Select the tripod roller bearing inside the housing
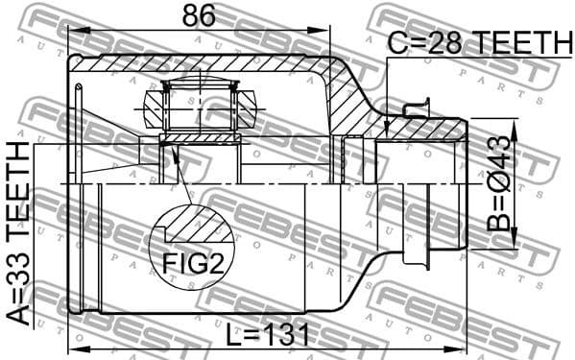201,105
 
